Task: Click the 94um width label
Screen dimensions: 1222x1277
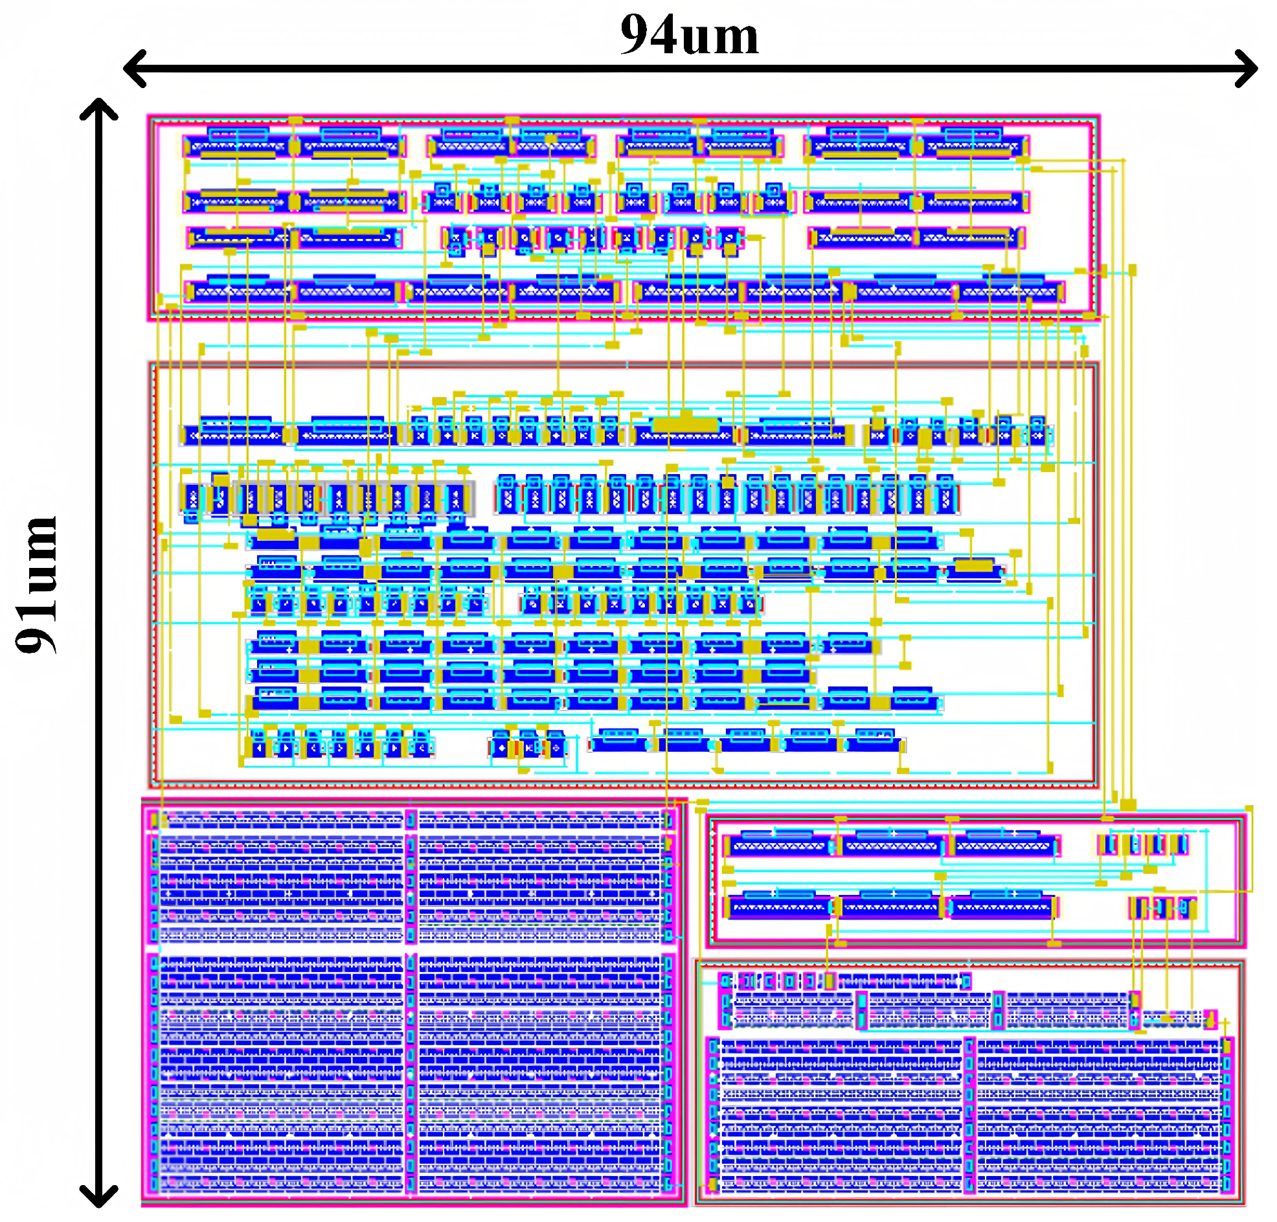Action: (x=688, y=35)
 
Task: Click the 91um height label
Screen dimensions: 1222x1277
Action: (x=37, y=584)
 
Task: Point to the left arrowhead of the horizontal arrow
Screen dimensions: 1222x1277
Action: (x=133, y=68)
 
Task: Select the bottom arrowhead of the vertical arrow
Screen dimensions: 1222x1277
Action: (x=98, y=1197)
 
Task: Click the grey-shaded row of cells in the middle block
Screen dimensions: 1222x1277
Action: (x=326, y=498)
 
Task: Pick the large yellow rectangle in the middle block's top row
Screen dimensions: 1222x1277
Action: (x=685, y=424)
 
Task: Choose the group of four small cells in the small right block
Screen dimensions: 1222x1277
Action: (x=1142, y=845)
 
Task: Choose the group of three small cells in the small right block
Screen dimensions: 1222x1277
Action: (x=1162, y=907)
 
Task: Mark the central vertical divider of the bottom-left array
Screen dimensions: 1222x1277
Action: (x=411, y=1003)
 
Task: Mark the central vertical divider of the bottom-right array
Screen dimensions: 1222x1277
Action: (x=969, y=1114)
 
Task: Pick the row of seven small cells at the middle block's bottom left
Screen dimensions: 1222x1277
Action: (x=340, y=747)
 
